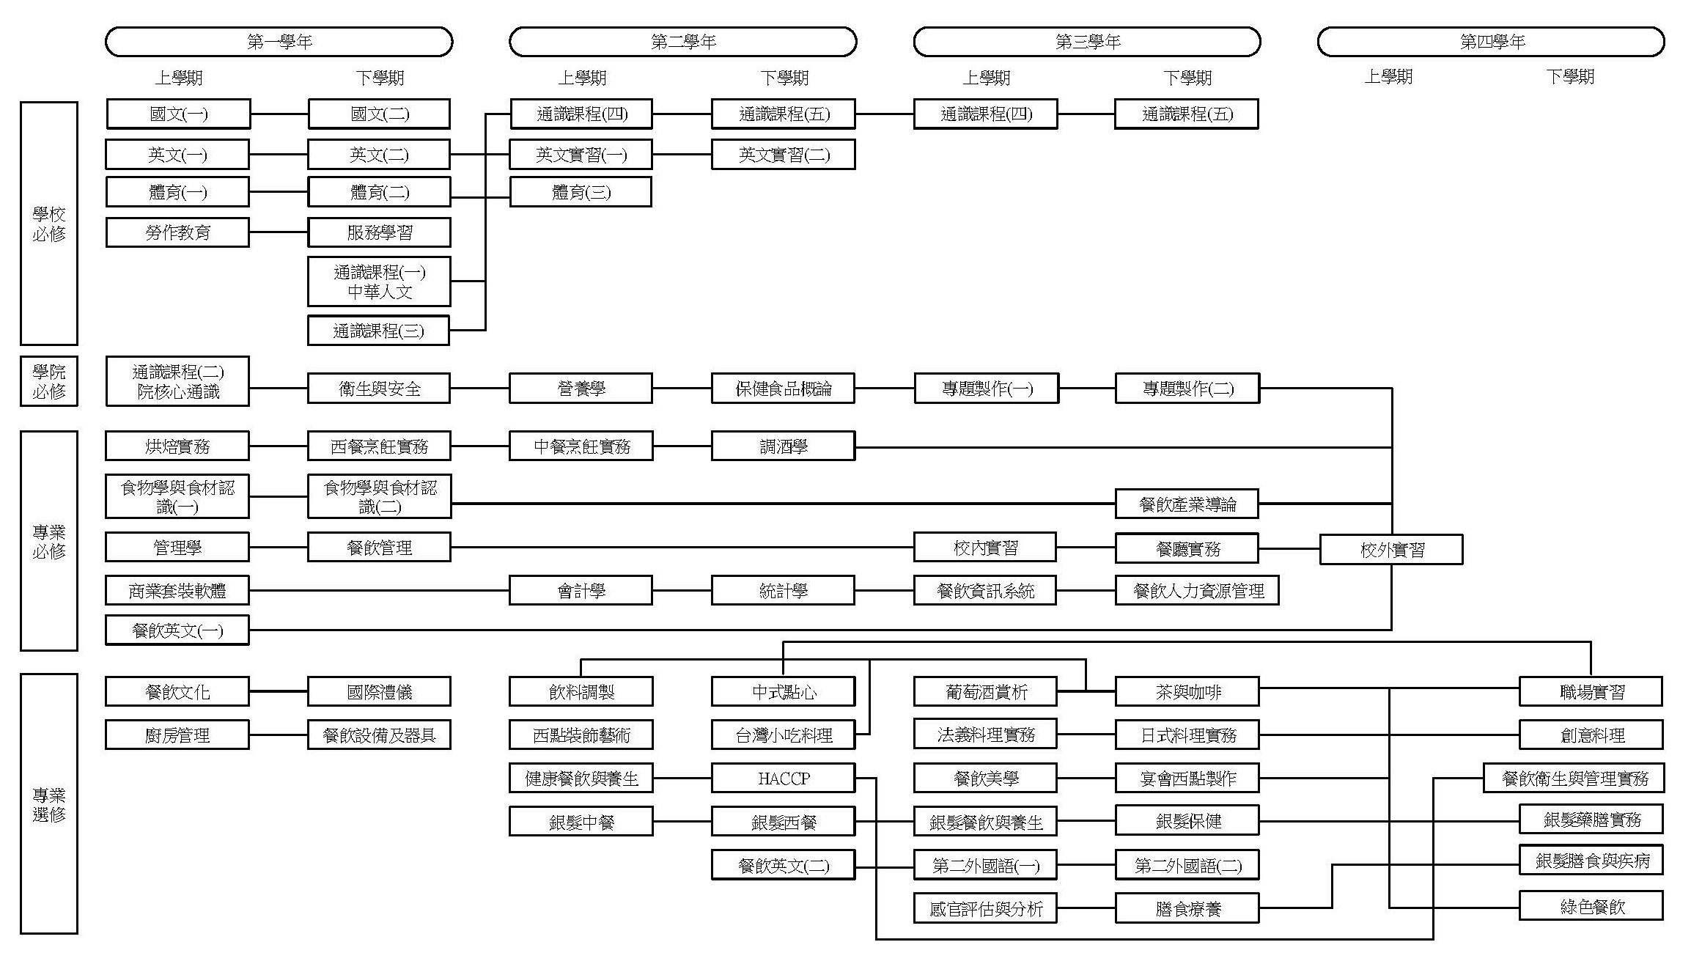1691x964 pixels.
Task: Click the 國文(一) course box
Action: (x=178, y=114)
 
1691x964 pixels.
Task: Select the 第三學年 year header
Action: (x=1087, y=42)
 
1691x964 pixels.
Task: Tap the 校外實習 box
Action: (x=1390, y=549)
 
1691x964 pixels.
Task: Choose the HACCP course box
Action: (x=783, y=778)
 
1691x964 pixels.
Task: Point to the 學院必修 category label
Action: (x=48, y=381)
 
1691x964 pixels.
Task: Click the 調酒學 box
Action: (x=783, y=446)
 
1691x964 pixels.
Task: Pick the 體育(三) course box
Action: (x=581, y=192)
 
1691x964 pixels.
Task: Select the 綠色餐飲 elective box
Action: (x=1591, y=906)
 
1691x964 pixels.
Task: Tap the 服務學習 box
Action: (x=379, y=232)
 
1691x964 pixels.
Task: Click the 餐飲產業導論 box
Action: (x=1187, y=504)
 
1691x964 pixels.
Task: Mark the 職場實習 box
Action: (x=1591, y=691)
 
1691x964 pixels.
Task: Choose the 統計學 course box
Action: (x=783, y=590)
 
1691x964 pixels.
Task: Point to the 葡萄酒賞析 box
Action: (x=985, y=691)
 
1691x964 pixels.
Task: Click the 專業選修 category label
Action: (x=48, y=803)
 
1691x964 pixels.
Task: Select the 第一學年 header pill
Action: (x=279, y=42)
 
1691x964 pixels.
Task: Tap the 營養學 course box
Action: (x=581, y=388)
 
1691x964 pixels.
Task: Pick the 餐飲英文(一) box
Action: (x=177, y=630)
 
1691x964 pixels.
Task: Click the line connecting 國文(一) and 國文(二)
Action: (x=279, y=114)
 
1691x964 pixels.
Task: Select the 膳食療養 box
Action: (x=1187, y=908)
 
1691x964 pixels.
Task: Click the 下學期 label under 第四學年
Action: (x=1569, y=76)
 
